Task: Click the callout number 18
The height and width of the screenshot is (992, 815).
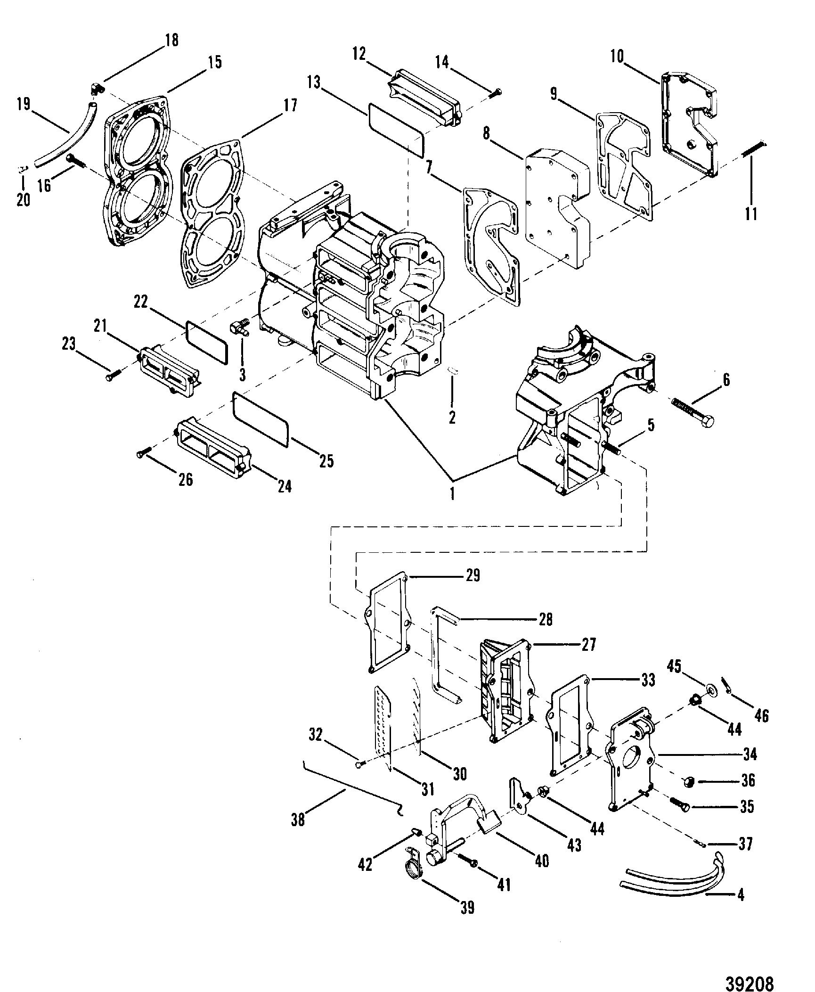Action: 172,41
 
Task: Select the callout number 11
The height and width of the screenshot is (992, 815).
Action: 751,213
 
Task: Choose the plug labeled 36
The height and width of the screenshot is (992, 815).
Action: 690,782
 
